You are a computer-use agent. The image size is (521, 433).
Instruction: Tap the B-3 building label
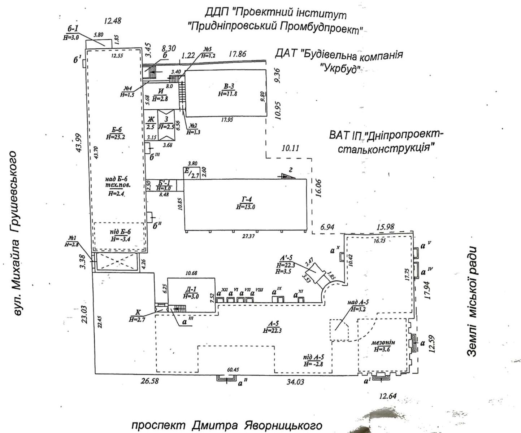pos(229,86)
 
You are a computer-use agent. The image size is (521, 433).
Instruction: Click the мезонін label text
pos(383,342)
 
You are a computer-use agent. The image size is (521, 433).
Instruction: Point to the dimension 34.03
pos(295,382)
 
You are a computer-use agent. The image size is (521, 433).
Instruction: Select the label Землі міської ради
pos(474,301)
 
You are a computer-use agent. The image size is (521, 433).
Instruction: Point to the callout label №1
pos(71,239)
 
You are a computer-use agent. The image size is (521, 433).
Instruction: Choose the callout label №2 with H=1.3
pos(194,126)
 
